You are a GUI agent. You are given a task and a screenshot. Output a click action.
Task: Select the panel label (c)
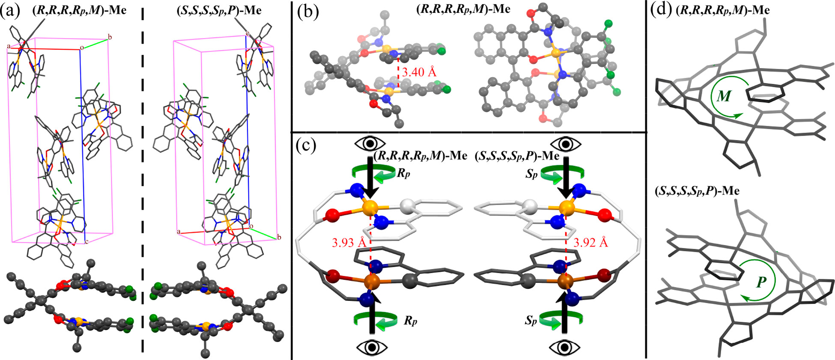point(306,146)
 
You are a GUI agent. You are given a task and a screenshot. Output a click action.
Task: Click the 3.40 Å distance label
point(420,72)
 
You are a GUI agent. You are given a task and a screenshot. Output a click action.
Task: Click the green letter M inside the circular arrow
point(724,96)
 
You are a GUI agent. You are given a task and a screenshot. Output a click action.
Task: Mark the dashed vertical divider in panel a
point(143,171)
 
